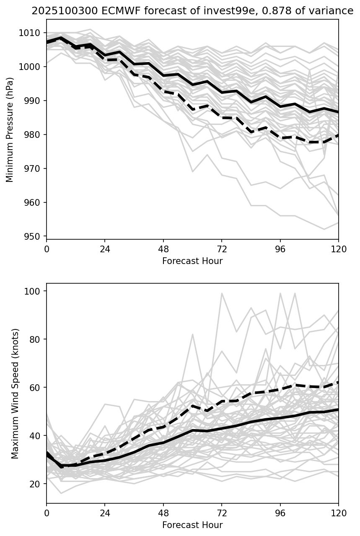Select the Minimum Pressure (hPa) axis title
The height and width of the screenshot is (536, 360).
click(10, 129)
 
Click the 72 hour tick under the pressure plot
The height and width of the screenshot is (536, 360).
click(222, 249)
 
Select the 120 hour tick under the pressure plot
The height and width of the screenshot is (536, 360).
click(339, 249)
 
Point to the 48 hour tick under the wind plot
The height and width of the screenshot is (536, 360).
click(163, 513)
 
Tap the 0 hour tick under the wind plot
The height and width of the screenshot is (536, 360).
click(47, 513)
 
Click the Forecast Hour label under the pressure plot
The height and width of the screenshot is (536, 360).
click(192, 261)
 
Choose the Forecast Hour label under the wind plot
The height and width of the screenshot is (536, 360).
click(192, 525)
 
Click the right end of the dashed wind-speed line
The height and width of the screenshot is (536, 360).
click(338, 382)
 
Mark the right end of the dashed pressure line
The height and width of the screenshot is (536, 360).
click(338, 135)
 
